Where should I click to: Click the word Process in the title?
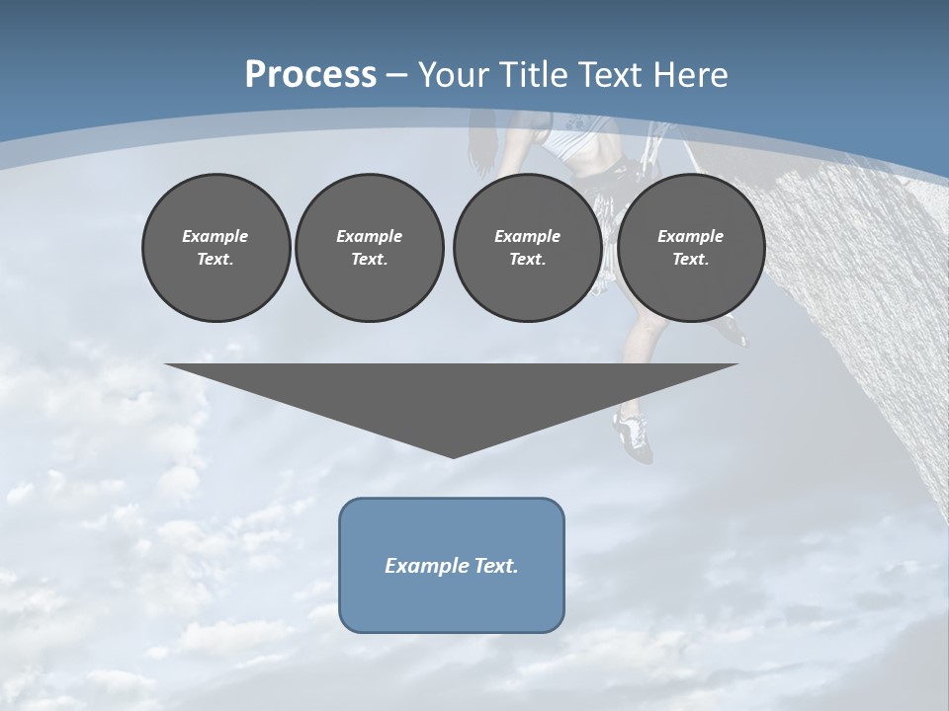tap(310, 75)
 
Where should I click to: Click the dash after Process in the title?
tap(396, 76)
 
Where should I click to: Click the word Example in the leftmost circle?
tap(216, 236)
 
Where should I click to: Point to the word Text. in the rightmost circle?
tap(690, 259)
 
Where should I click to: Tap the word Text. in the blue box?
tap(496, 566)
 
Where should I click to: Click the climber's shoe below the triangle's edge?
tap(634, 434)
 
